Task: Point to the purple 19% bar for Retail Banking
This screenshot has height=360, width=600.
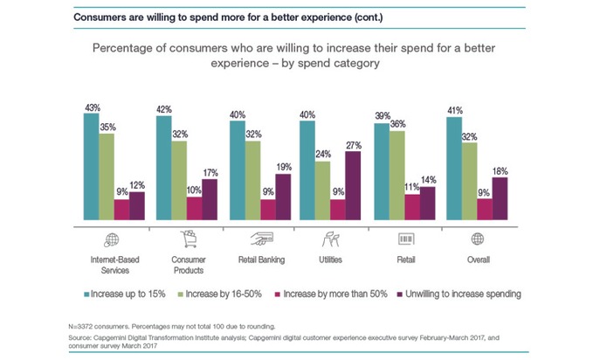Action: click(281, 198)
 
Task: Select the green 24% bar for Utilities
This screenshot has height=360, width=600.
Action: click(322, 192)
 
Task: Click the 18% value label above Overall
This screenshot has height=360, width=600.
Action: click(500, 170)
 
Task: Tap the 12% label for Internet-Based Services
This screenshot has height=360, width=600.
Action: click(137, 184)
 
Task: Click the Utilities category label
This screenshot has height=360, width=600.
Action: click(332, 260)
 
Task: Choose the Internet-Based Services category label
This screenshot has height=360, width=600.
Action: click(114, 264)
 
